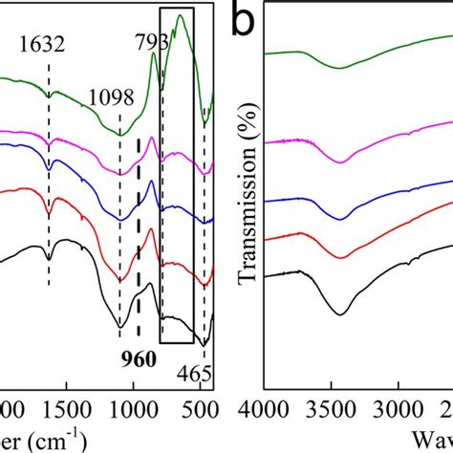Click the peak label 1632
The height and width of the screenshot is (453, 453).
coord(47,43)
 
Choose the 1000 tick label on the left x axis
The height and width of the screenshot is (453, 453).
coord(132,411)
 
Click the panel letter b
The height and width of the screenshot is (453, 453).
coord(245,21)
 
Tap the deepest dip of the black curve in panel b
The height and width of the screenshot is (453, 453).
coord(340,313)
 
